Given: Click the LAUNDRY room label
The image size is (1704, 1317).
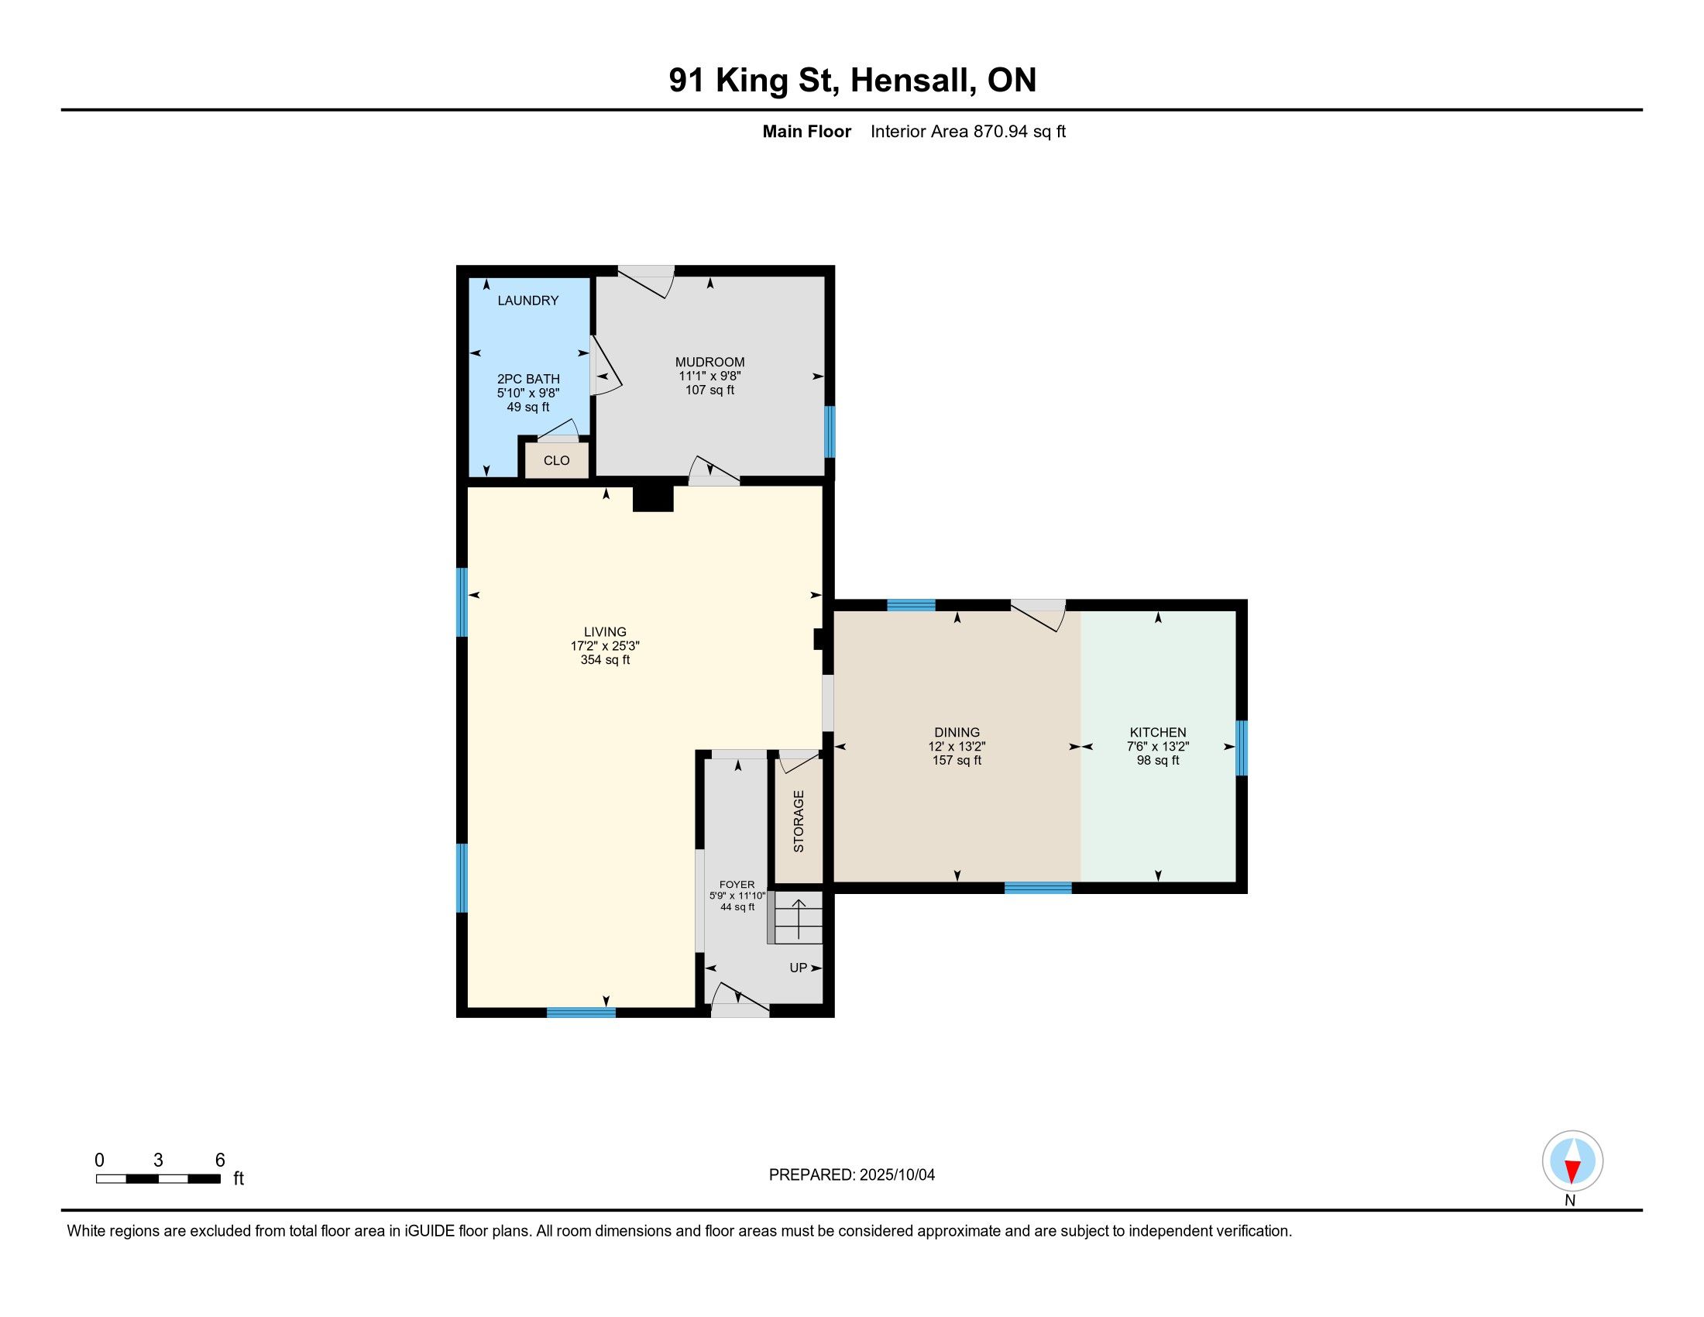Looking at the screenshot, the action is point(528,301).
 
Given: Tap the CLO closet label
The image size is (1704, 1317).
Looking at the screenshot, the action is point(556,460).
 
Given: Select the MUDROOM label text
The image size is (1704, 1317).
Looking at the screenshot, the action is point(710,362).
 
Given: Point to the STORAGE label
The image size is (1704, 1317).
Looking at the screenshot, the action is point(798,820).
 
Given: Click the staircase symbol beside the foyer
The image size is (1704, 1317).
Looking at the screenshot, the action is point(795,917).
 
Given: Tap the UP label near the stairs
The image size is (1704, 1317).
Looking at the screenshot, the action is point(798,968).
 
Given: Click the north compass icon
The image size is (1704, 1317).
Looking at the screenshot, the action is point(1572,1161).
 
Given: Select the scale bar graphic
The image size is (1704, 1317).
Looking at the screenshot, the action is point(158,1178).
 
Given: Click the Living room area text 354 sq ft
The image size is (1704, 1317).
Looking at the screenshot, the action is point(606,660).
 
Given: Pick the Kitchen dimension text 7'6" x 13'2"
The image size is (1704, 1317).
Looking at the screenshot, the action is point(1158,746).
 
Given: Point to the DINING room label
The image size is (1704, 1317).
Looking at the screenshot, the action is point(957,732).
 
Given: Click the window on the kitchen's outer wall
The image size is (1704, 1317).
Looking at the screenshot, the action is point(1241,748).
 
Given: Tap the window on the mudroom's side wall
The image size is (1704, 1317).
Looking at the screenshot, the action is point(830,432).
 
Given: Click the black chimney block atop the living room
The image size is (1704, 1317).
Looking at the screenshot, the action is point(653,498).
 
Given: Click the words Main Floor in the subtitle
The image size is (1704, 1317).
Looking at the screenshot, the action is point(807,132).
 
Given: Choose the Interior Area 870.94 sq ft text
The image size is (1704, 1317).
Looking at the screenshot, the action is point(968,132).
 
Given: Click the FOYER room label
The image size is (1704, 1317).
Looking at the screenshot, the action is point(737,885).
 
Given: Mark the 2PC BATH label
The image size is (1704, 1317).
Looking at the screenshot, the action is point(528,379).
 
